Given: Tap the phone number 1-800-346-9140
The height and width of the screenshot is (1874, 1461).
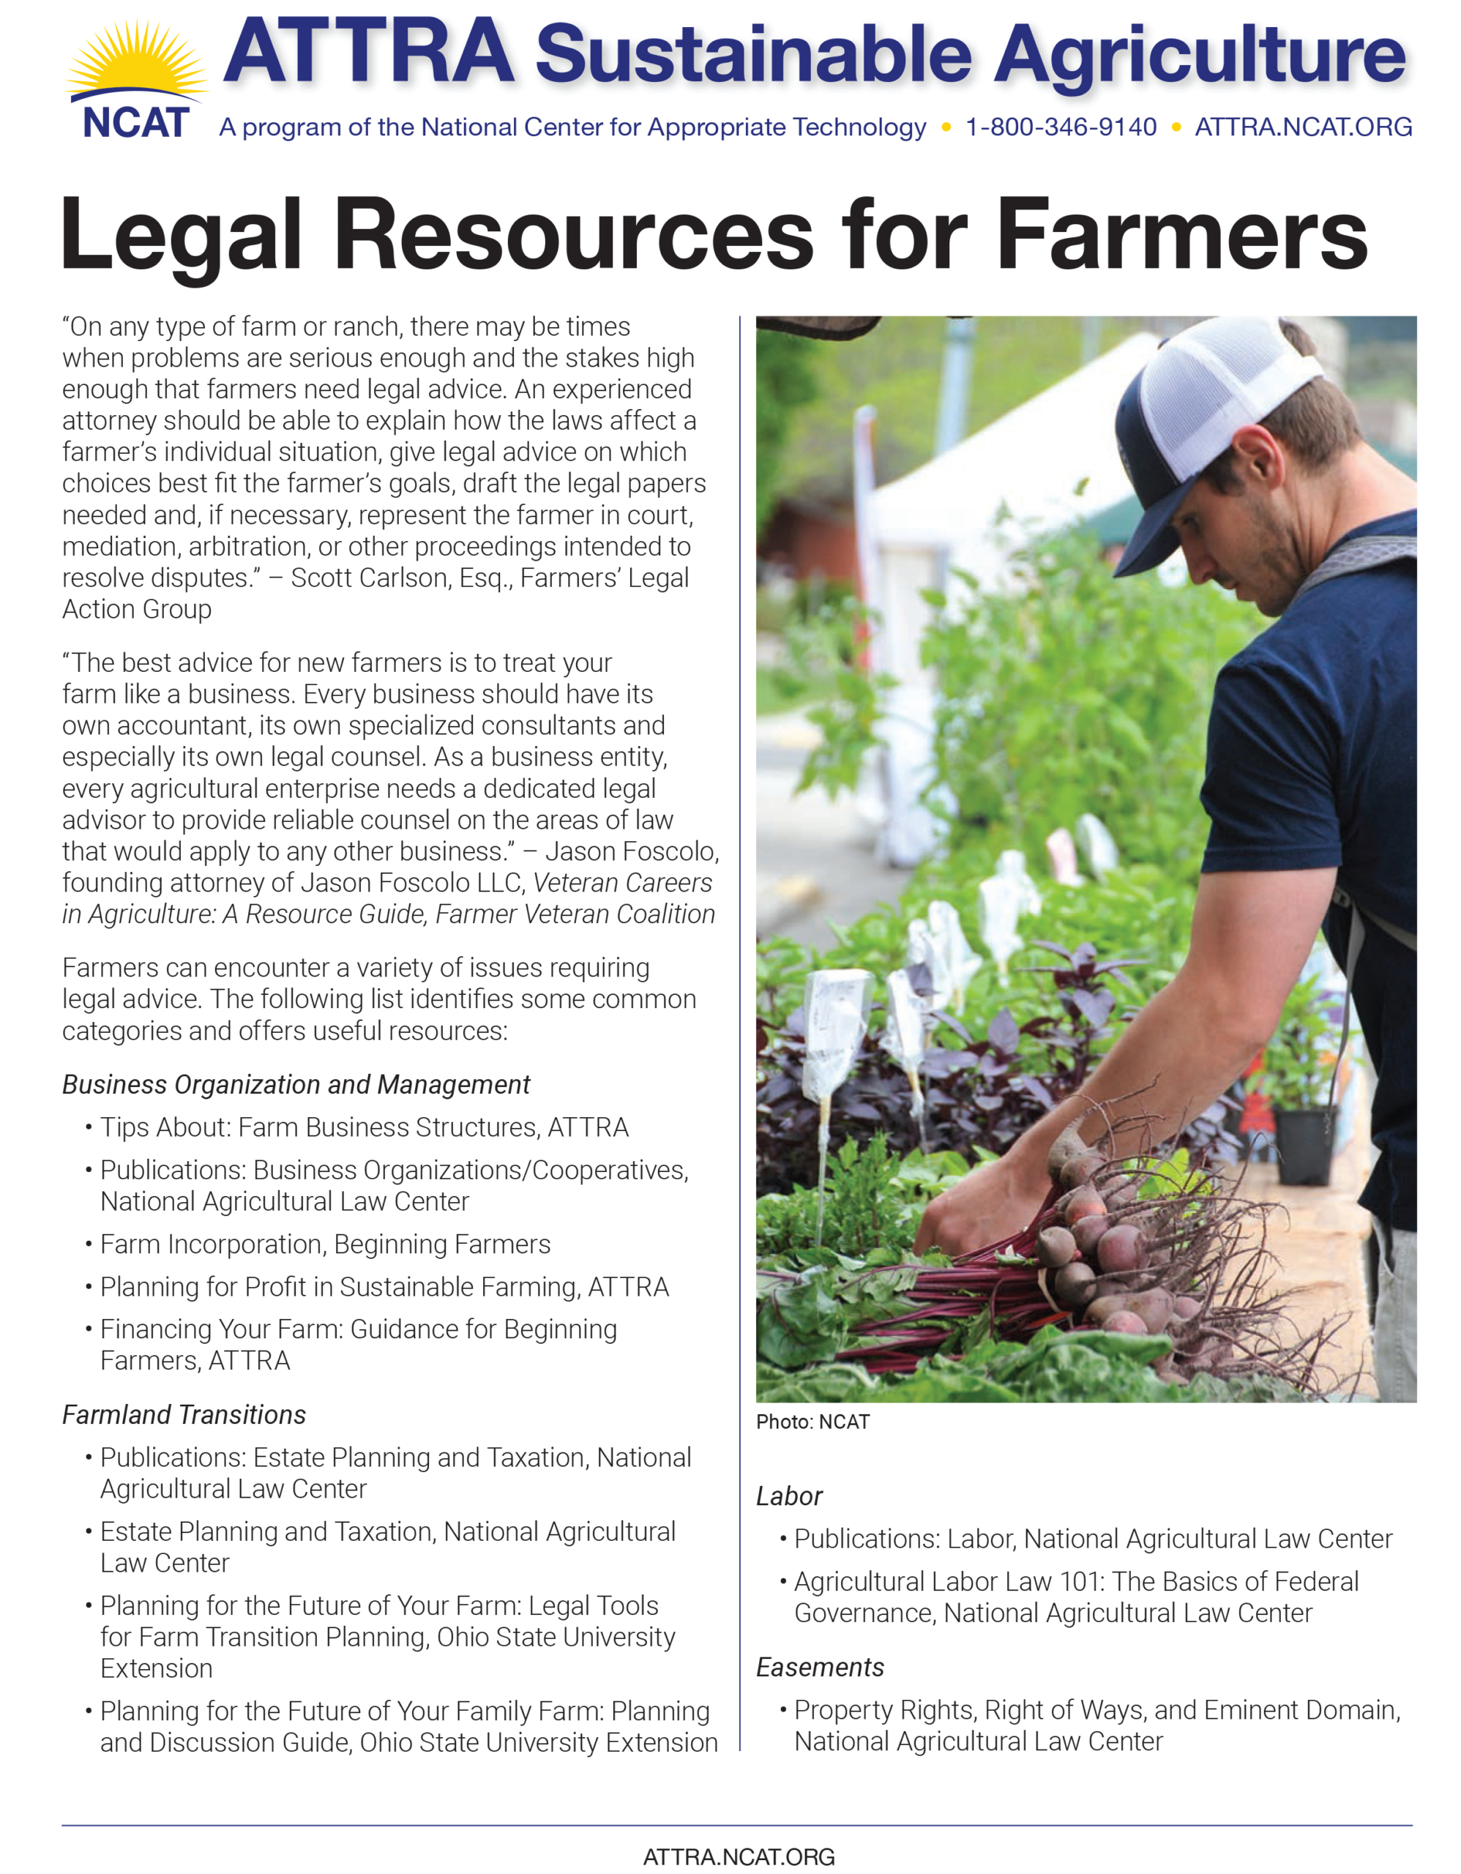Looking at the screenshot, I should [1061, 127].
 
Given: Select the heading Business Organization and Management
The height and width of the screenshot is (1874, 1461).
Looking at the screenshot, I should [296, 1085].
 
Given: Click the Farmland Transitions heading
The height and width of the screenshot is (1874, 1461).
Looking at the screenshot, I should [184, 1415].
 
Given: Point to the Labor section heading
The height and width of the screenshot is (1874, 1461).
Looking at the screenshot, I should [788, 1496].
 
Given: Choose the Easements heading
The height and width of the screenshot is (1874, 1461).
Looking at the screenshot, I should [819, 1668].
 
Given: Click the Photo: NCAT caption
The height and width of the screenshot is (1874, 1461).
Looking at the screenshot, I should [812, 1422].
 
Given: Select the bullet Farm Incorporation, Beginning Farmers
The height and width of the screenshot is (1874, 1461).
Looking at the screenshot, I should [325, 1244].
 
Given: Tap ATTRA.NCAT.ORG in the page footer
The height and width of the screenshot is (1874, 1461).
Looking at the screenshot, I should [739, 1857].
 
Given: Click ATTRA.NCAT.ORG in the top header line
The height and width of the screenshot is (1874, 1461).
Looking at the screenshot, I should [1303, 127].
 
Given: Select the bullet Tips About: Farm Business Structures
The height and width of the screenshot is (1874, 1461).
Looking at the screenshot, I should [364, 1127].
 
